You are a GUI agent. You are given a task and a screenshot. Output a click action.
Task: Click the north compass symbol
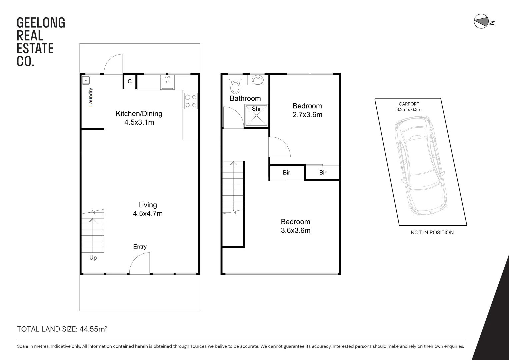pyautogui.click(x=480, y=22)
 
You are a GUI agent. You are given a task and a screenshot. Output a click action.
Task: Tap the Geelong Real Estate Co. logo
pyautogui.click(x=41, y=42)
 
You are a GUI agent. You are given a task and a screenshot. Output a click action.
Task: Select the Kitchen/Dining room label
pyautogui.click(x=139, y=118)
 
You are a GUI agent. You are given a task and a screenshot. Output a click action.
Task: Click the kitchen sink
pyautogui.click(x=167, y=82)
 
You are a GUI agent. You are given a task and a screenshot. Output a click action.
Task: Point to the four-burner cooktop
pyautogui.click(x=191, y=101)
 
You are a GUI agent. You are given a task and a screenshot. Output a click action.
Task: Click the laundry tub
pyautogui.click(x=86, y=80)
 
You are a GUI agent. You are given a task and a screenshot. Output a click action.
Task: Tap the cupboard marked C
pyautogui.click(x=130, y=81)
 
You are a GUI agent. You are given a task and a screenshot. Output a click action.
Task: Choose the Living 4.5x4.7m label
pyautogui.click(x=148, y=209)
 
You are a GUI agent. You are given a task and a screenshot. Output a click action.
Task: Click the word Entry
pyautogui.click(x=140, y=247)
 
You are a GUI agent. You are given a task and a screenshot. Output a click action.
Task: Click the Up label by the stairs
pyautogui.click(x=93, y=258)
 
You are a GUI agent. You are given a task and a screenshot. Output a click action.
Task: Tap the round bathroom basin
pyautogui.click(x=257, y=80)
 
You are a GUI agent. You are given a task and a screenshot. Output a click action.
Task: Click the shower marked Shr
pyautogui.click(x=256, y=115)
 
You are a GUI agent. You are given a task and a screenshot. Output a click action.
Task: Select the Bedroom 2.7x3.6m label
pyautogui.click(x=307, y=110)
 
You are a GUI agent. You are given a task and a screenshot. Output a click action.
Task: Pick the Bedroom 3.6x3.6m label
pyautogui.click(x=295, y=226)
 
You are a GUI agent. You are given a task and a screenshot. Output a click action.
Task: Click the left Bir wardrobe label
pyautogui.click(x=286, y=173)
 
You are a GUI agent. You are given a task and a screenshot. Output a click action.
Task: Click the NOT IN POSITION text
pyautogui.click(x=432, y=233)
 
